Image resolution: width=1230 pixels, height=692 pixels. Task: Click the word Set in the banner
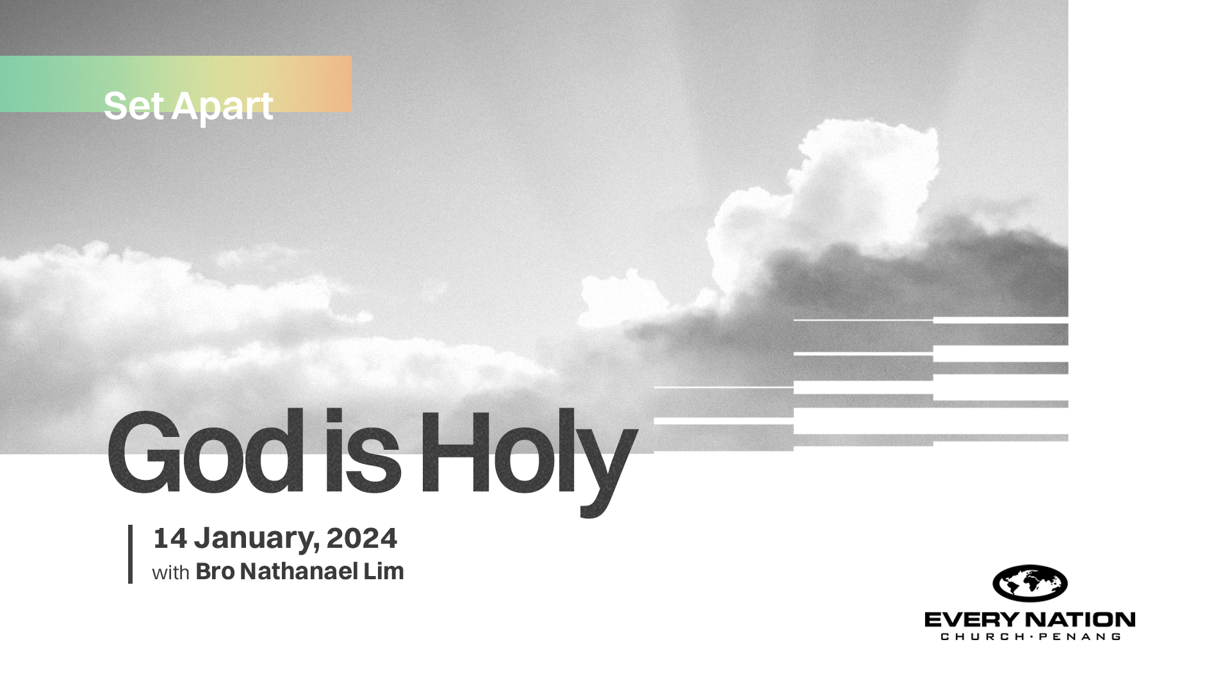[134, 106]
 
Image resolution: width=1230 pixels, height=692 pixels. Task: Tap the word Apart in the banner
[222, 108]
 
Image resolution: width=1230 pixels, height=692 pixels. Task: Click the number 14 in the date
[170, 538]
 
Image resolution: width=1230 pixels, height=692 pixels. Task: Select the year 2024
[362, 538]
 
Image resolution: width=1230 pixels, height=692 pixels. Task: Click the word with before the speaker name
[170, 572]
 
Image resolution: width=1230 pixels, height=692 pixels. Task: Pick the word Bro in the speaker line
[215, 572]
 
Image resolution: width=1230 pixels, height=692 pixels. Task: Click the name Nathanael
[299, 572]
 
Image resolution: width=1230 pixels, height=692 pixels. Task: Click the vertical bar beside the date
[130, 554]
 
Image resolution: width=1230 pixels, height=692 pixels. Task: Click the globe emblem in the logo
[1029, 583]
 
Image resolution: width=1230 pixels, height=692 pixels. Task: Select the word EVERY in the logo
[972, 620]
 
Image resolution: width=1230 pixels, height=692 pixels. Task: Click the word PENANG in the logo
[1079, 636]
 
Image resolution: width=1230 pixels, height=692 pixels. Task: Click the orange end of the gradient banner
[333, 84]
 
